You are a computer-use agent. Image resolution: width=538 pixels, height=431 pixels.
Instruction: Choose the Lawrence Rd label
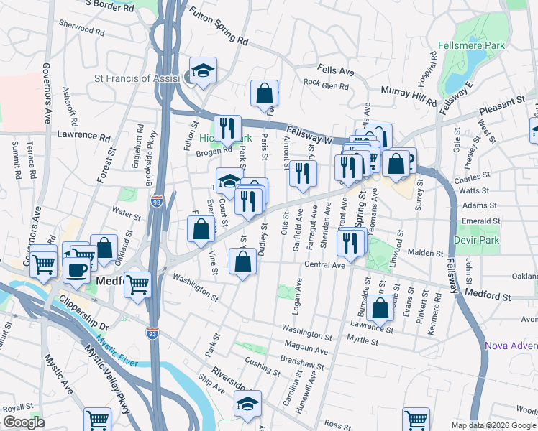coord(83,135)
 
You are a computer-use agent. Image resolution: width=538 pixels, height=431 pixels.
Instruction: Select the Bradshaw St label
coord(302,358)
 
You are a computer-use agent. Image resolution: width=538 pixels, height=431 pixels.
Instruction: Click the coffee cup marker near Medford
coord(77,269)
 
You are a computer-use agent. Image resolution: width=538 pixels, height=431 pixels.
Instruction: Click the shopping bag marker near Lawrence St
coord(380,307)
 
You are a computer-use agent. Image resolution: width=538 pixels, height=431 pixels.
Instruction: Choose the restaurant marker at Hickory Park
coord(227,128)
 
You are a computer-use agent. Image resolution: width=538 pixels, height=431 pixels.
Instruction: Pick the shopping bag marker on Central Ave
coord(243,261)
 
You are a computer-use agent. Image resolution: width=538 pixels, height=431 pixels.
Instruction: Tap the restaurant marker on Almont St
coord(303,172)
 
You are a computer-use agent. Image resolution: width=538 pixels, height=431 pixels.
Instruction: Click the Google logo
coord(23,422)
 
